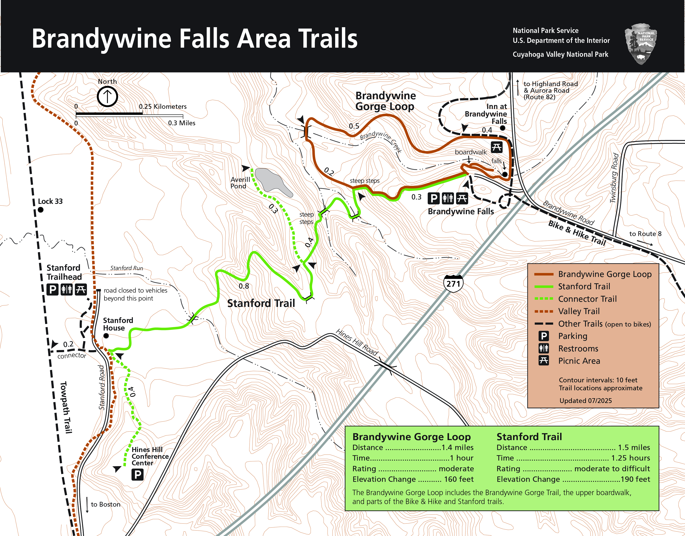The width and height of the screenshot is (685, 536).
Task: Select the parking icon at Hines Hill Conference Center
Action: click(x=137, y=474)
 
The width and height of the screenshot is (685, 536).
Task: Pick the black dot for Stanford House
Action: click(x=106, y=336)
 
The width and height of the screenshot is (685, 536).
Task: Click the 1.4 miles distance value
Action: click(x=457, y=447)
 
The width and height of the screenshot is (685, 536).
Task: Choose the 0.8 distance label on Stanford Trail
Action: click(x=244, y=286)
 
